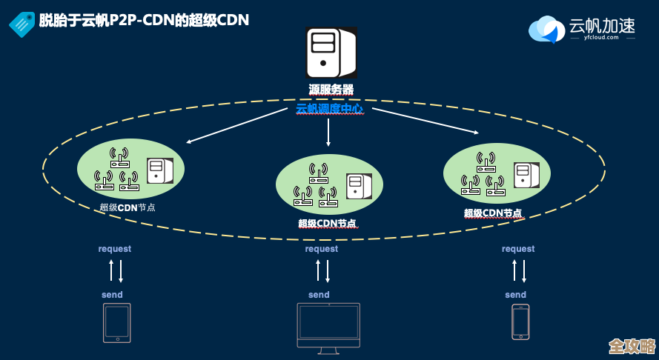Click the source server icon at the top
point(331,53)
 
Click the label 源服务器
point(331,90)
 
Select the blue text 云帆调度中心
point(329,109)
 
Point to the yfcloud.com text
point(600,36)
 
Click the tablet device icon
point(116,322)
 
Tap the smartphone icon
point(520,322)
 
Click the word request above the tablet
point(115,249)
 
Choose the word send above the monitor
point(319,295)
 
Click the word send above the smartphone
point(516,295)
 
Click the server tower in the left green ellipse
point(159,171)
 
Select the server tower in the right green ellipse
point(528,176)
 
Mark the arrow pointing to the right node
point(425,121)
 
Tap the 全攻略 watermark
point(632,347)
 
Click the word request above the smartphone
point(518,249)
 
